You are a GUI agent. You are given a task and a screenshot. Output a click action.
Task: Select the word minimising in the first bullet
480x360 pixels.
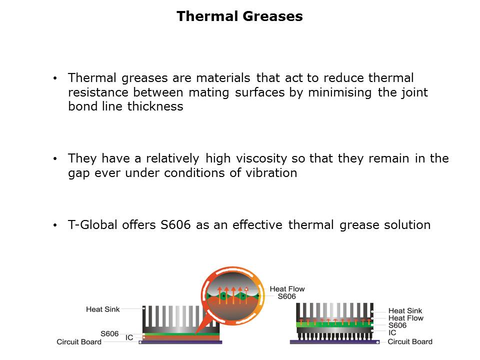340,92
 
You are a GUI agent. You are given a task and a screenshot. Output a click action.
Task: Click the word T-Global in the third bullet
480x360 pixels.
93,225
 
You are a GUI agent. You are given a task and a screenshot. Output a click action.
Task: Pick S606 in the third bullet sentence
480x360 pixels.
175,225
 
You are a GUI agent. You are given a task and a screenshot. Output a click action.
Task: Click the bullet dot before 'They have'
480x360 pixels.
55,159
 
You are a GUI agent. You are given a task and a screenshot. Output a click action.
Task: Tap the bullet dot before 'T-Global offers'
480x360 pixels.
55,225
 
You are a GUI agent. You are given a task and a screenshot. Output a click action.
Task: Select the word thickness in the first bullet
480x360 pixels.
155,106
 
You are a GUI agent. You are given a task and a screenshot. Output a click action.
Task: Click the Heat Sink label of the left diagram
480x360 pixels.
103,309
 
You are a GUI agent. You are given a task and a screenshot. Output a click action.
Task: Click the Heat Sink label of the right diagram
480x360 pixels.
405,310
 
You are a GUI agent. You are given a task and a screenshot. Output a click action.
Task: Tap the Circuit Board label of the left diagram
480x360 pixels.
79,342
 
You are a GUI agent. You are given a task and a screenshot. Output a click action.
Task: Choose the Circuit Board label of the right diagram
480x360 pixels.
410,341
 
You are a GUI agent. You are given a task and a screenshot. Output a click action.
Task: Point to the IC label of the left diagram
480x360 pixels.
129,337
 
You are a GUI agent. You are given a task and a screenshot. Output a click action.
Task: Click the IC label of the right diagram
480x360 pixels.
392,333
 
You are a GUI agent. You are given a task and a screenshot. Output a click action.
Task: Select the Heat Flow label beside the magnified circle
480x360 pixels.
287,289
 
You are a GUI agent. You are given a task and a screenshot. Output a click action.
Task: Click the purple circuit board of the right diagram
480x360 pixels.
334,342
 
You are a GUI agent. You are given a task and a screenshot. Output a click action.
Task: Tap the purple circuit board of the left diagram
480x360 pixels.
180,342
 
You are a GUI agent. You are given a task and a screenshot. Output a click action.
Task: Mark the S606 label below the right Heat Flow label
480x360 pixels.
397,325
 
